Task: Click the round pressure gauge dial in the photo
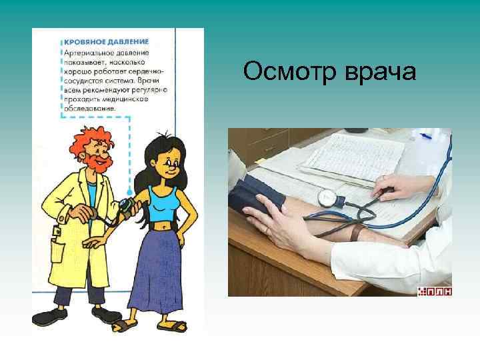(327, 197)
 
